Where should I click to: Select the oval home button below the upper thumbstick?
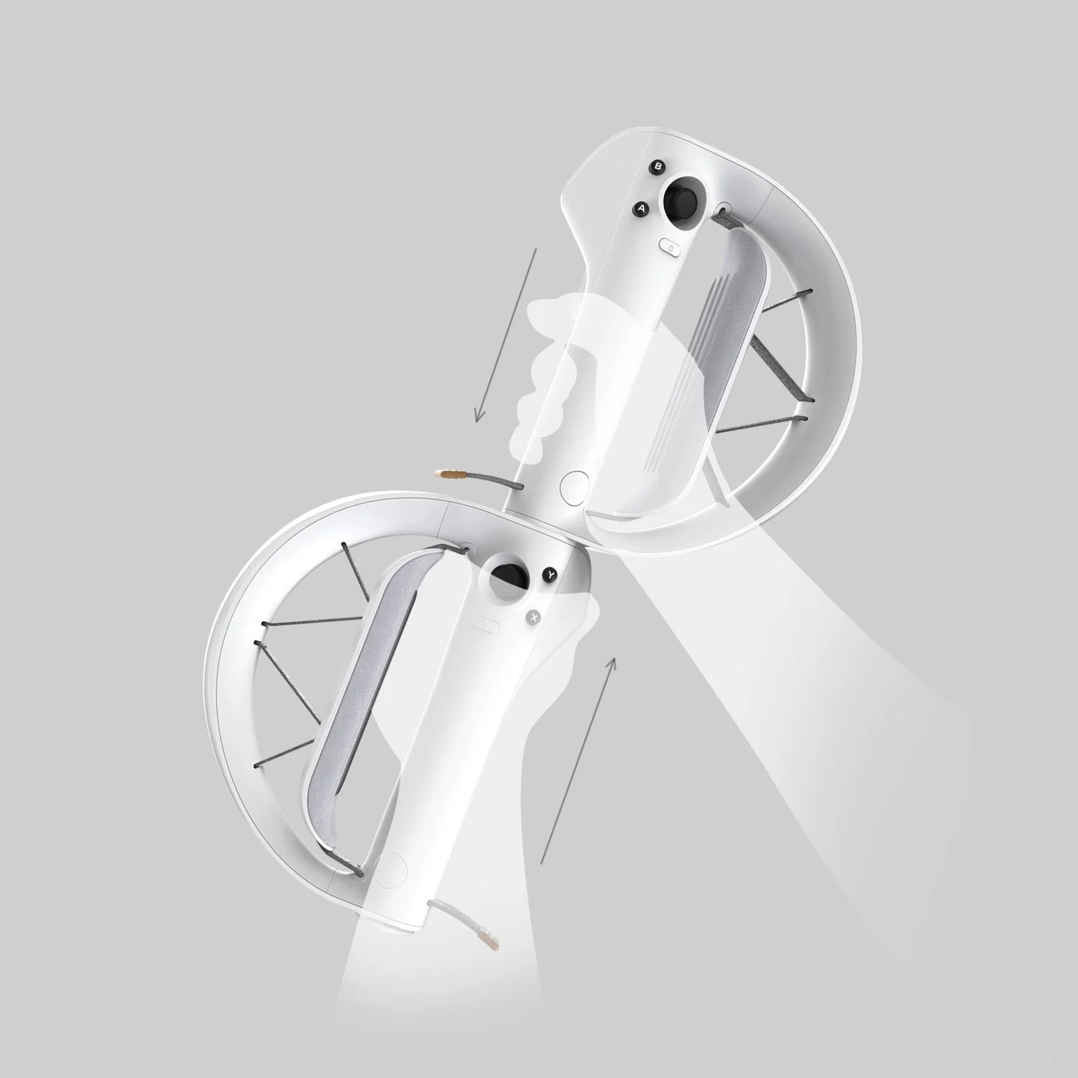(670, 246)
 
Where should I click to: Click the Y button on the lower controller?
(550, 574)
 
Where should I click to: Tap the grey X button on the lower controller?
(534, 616)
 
